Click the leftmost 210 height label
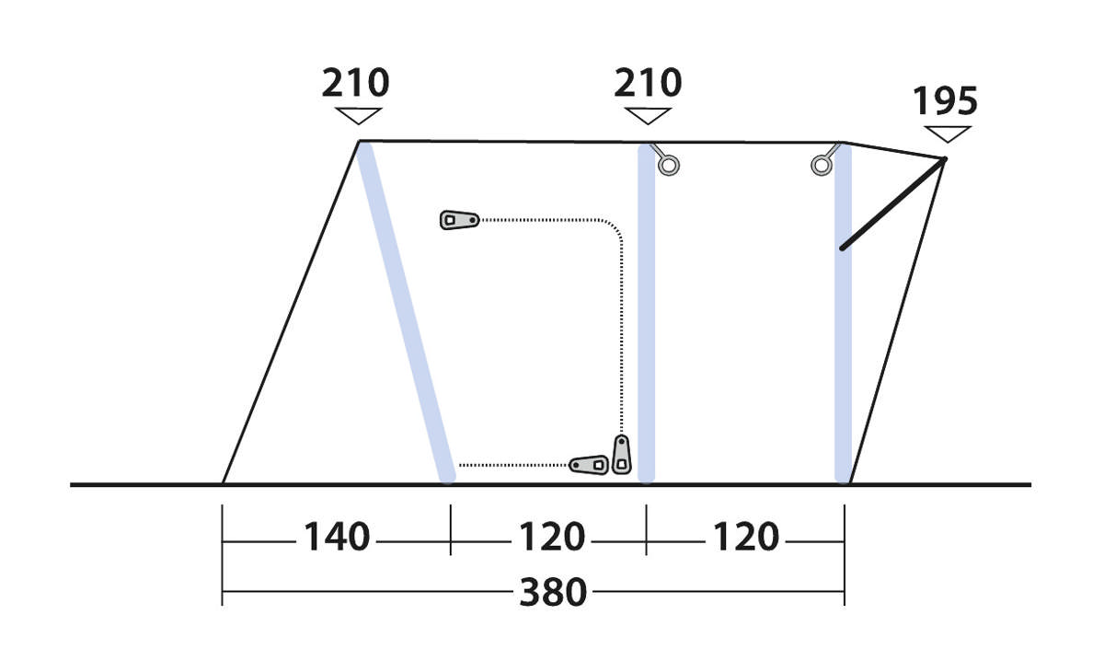coord(355,83)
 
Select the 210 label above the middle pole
coord(648,83)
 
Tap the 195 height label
coord(945,101)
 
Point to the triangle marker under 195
coord(948,134)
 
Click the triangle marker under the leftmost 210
coord(358,116)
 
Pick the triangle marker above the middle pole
coord(648,116)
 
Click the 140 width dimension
coord(337,537)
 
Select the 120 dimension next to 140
coord(552,537)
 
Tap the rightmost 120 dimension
coord(746,537)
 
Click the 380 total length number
coord(553,592)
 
